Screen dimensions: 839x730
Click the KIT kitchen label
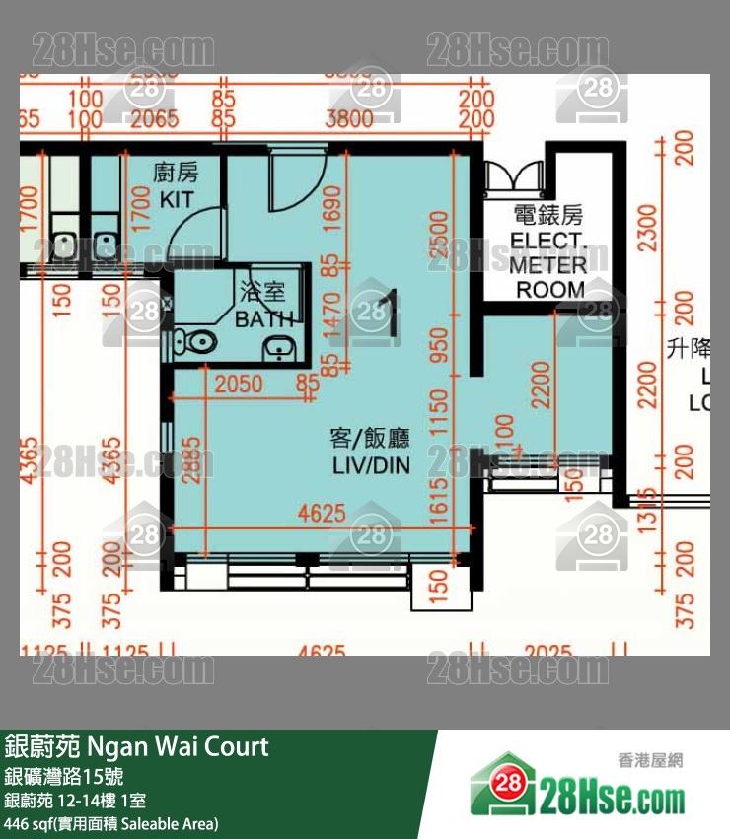coord(177,198)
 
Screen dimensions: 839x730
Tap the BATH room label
coord(263,317)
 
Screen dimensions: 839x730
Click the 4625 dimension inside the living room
coord(322,513)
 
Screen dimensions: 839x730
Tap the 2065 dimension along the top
coord(154,120)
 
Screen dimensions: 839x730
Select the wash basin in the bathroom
coord(280,346)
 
